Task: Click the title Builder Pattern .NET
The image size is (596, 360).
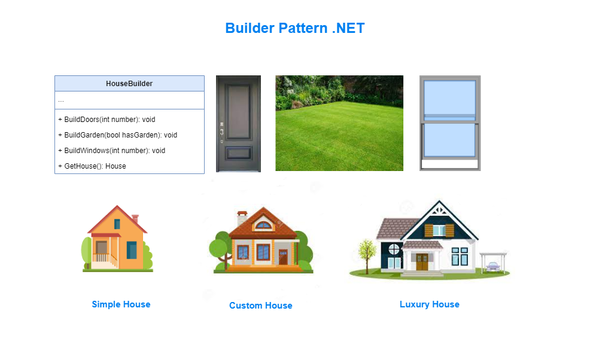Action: point(294,28)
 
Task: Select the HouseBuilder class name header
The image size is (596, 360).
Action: point(129,84)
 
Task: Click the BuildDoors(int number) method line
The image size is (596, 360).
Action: point(107,120)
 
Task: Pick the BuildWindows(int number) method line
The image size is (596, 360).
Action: point(111,151)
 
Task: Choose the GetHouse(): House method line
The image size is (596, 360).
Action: point(92,166)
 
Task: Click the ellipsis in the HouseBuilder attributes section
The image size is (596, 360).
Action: point(61,100)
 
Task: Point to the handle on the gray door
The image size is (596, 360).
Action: point(221,133)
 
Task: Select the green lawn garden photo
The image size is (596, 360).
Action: point(339,123)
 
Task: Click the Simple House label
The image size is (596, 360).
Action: point(121,304)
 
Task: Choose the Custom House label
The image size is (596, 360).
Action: point(260,306)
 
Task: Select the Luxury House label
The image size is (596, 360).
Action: point(429,304)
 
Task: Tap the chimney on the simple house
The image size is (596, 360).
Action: point(135,219)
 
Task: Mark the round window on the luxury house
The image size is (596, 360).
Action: point(393,248)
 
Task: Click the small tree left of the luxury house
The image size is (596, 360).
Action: point(366,251)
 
